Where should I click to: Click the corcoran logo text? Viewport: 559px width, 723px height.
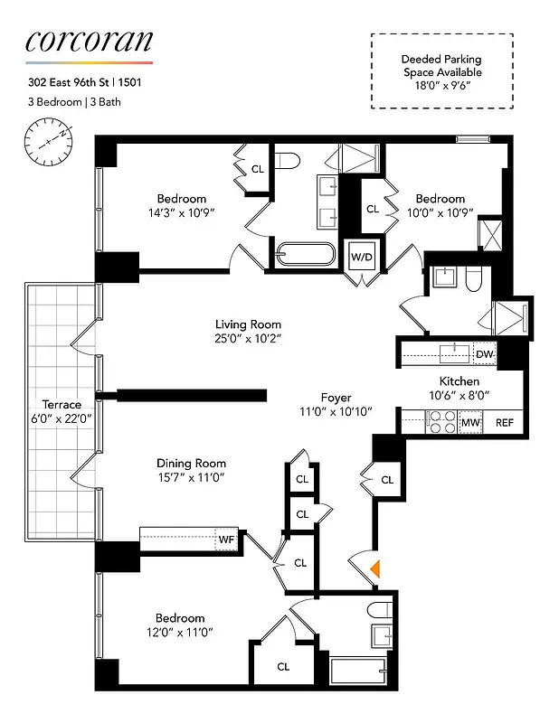pos(89,41)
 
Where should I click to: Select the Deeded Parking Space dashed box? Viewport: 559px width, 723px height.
pos(441,71)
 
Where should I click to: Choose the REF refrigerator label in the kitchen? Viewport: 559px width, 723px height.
pos(504,422)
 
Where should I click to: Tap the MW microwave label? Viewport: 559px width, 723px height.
pos(470,422)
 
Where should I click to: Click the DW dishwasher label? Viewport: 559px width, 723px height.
pos(484,354)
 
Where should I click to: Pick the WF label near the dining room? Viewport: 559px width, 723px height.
pos(225,540)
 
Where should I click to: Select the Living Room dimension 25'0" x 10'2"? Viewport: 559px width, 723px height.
pos(248,340)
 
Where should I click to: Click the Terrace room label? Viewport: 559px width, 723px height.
pos(61,404)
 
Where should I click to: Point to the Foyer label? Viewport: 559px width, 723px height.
pos(336,397)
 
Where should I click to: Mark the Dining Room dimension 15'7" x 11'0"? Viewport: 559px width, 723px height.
pos(190,477)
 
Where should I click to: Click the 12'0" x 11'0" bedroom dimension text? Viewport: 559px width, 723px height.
pos(181,633)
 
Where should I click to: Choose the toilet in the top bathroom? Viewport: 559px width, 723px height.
pos(288,163)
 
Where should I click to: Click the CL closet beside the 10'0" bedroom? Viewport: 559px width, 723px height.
pos(373,209)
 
